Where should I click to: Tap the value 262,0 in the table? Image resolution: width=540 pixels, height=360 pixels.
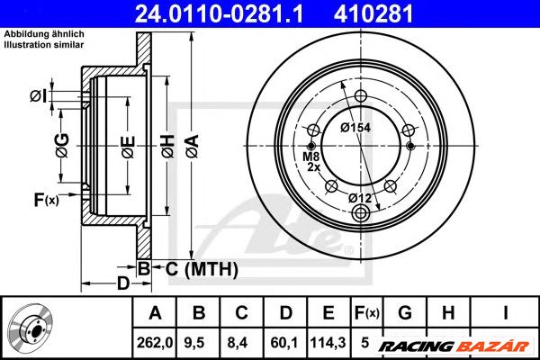pyautogui.click(x=154, y=341)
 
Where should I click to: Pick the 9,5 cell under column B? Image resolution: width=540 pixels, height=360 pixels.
pyautogui.click(x=198, y=341)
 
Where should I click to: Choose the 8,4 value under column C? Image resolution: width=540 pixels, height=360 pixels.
pyautogui.click(x=241, y=341)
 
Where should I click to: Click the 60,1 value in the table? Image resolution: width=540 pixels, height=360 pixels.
pyautogui.click(x=284, y=341)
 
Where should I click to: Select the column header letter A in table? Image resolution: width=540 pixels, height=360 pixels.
pyautogui.click(x=154, y=312)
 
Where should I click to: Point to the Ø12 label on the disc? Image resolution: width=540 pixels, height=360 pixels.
pyautogui.click(x=360, y=198)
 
